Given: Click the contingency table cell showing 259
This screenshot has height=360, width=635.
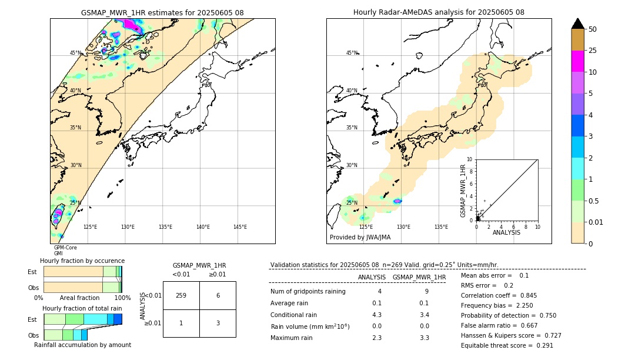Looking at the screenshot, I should [x=181, y=296].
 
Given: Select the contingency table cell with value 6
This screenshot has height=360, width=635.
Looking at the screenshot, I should [x=218, y=296].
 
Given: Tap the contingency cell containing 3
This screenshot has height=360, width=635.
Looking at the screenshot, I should [x=218, y=323].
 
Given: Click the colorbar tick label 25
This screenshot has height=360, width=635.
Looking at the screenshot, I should [x=593, y=51].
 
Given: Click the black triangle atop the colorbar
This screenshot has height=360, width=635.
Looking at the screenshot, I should [x=577, y=24].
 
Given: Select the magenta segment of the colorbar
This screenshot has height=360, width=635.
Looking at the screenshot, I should [x=577, y=61].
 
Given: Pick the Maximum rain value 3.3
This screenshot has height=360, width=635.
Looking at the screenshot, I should [x=424, y=338].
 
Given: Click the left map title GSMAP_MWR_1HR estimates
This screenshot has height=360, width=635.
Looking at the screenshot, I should [x=162, y=12].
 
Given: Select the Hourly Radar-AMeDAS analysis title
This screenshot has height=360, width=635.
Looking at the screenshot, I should [x=439, y=12].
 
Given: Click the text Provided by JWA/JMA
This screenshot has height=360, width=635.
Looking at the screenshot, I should [x=360, y=237].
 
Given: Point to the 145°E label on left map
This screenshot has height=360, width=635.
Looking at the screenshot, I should [x=240, y=227].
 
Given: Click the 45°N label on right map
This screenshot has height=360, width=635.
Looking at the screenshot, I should [x=352, y=53].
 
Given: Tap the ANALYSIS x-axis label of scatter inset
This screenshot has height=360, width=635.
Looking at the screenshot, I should [x=506, y=232].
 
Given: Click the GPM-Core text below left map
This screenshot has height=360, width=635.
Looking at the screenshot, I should [x=65, y=248].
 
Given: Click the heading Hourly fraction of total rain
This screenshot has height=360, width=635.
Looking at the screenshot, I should [x=82, y=308].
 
